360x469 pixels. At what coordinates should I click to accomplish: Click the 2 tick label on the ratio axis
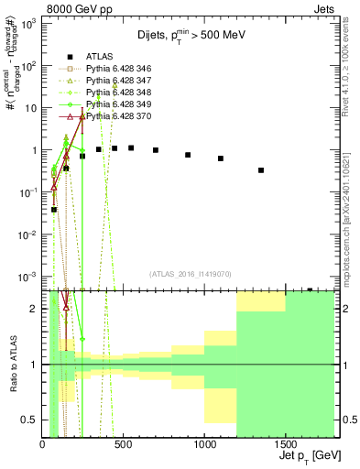(x=34, y=309)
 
